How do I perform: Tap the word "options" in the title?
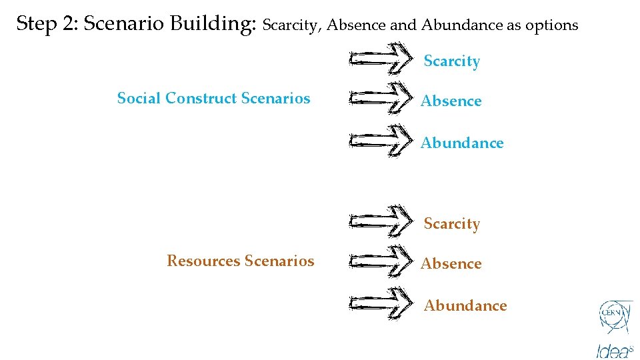[x=552, y=25]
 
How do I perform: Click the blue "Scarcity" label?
[x=451, y=61]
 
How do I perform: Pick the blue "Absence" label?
[x=451, y=101]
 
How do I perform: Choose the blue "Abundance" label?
[x=462, y=143]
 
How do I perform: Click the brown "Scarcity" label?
[x=451, y=224]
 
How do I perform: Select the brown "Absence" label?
[x=451, y=264]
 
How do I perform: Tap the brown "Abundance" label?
[x=465, y=306]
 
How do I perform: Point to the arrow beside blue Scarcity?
[x=381, y=59]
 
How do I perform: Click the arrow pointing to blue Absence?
[x=381, y=99]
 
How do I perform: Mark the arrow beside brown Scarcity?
[x=381, y=221]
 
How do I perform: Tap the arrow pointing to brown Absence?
[x=381, y=261]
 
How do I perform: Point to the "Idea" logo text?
[x=613, y=349]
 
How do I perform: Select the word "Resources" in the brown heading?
[x=203, y=261]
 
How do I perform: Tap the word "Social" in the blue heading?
[x=139, y=99]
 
